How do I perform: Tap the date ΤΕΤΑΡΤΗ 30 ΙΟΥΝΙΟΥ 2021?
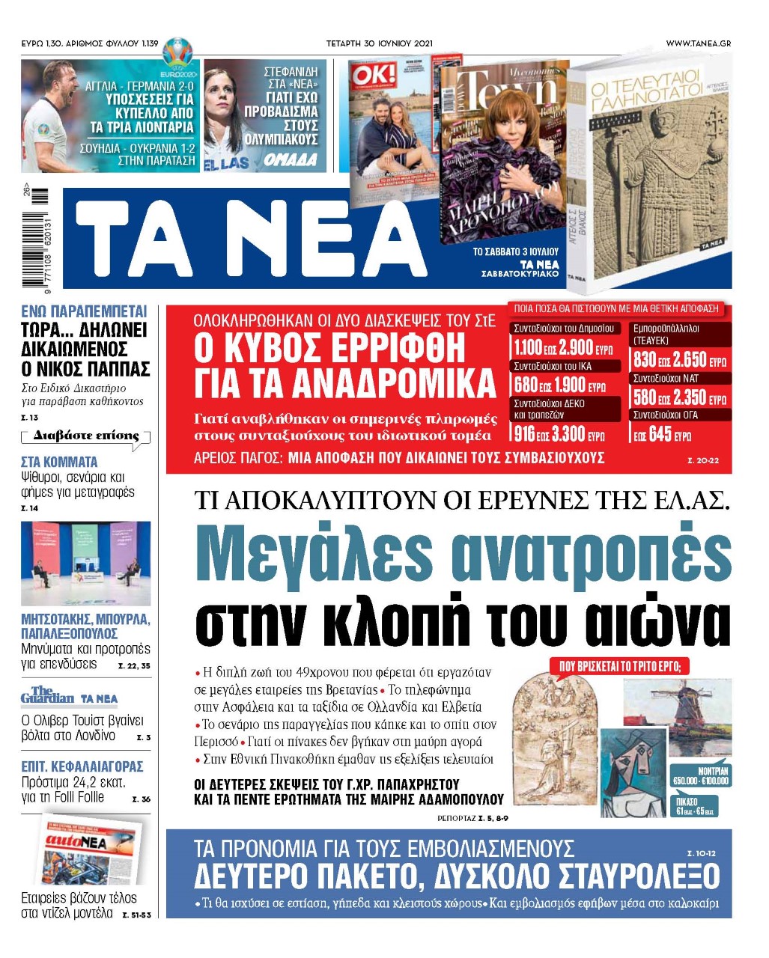(x=379, y=43)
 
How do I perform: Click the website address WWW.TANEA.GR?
(x=698, y=43)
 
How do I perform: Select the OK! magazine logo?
(x=369, y=76)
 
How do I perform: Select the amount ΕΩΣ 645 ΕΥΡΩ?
(x=662, y=435)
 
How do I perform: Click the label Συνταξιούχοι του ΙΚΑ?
(x=553, y=366)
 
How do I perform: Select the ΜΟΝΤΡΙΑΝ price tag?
(x=701, y=775)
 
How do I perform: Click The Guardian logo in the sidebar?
(x=47, y=695)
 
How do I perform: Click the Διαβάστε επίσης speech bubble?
(x=86, y=437)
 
